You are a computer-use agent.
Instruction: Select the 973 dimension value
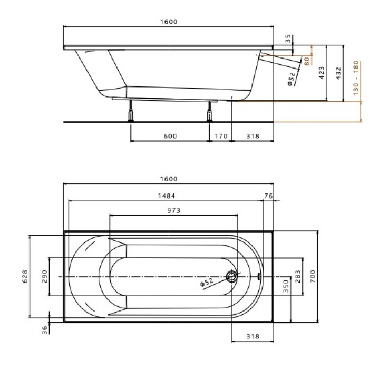(x=173, y=210)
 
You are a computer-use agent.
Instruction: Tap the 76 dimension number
(x=268, y=196)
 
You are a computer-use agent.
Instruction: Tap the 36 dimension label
(x=45, y=329)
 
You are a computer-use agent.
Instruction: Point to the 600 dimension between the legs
(x=169, y=136)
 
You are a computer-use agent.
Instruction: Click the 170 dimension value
(x=221, y=136)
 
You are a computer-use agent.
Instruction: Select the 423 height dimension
(x=322, y=73)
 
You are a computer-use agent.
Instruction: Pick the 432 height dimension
(x=338, y=73)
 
